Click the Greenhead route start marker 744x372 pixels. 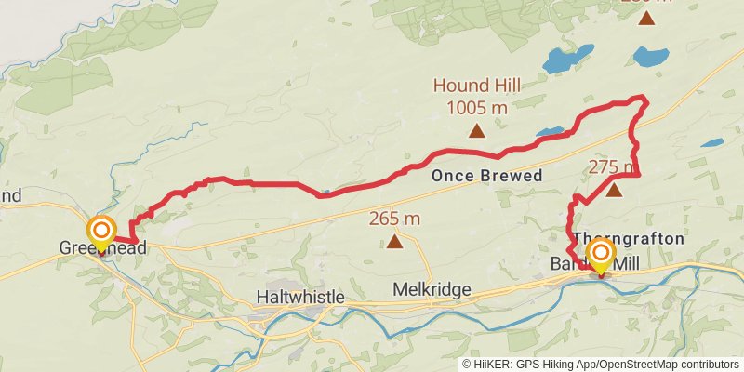pos(100,230)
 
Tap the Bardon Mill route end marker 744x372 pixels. pos(601,254)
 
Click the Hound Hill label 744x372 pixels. pos(476,86)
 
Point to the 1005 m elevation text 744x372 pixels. pos(476,108)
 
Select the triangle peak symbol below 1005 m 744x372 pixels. pos(477,131)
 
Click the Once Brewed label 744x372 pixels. pos(486,175)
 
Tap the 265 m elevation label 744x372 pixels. pos(394,219)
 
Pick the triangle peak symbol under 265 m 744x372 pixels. pos(394,243)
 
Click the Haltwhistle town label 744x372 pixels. pos(299,297)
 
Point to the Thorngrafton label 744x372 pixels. pos(631,239)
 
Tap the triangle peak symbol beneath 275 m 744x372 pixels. pos(614,191)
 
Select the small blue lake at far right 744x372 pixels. pos(712,144)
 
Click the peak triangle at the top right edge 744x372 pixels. pos(646,18)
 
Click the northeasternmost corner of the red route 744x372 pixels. pos(644,99)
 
